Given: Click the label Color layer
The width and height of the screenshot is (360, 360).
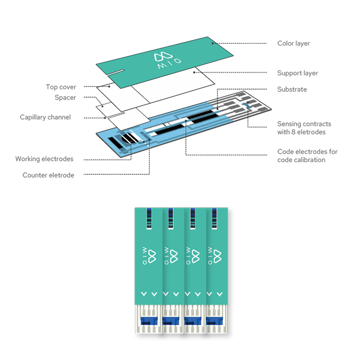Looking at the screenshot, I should [x=293, y=44].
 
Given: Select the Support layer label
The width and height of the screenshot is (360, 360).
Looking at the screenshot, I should [x=297, y=73].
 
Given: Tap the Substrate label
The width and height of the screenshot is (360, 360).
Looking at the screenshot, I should [x=292, y=90].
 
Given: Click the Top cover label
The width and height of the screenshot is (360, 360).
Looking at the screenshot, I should [x=61, y=87].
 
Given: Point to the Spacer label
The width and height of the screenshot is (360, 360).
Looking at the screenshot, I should [x=65, y=98].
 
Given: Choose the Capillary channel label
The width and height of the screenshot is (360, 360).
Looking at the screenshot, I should [x=45, y=117].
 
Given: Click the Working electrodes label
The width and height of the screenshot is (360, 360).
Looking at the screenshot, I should [x=44, y=159].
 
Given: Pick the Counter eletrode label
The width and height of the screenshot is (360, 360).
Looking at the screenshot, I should [x=48, y=175].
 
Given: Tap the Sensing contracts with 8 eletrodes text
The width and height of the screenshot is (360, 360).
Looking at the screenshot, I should [x=304, y=128].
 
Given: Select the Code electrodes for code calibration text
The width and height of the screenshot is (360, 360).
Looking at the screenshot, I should [x=307, y=156].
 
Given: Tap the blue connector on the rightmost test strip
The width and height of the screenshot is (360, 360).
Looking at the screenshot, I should [x=214, y=321].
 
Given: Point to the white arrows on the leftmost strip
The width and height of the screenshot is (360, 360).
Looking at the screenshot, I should [x=148, y=294].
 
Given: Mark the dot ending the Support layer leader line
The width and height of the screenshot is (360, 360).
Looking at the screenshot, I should [x=194, y=72].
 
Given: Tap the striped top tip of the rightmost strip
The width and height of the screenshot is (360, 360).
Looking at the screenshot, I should [x=213, y=218].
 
